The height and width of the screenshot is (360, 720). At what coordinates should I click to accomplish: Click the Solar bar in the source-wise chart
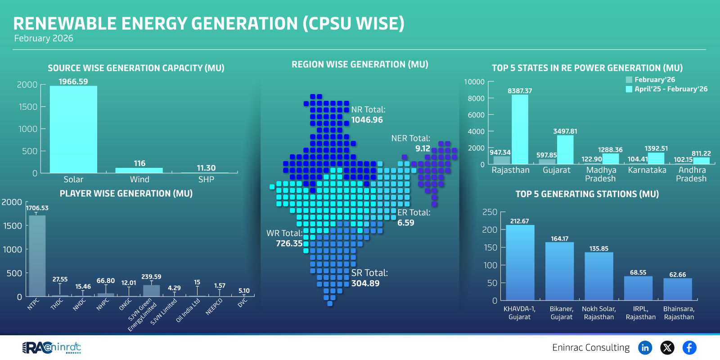[x=73, y=130]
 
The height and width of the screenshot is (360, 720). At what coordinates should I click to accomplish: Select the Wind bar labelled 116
[x=139, y=170]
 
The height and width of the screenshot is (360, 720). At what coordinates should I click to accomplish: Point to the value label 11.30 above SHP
[x=206, y=168]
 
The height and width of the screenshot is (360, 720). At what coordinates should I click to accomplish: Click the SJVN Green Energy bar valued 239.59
[x=151, y=291]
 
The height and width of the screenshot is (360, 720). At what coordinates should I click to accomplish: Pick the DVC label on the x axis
[x=243, y=303]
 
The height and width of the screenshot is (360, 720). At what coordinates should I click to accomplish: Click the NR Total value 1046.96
[x=367, y=120]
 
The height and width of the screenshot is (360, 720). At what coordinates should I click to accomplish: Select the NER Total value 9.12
[x=423, y=148]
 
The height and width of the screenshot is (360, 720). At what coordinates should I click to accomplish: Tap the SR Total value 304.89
[x=365, y=283]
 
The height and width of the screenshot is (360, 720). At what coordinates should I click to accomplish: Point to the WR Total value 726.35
[x=289, y=243]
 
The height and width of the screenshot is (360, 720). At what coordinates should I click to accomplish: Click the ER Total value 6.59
[x=405, y=223]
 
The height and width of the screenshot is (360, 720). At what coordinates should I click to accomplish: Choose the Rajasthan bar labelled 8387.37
[x=520, y=130]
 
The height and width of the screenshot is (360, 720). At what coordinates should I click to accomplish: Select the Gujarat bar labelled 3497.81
[x=565, y=149]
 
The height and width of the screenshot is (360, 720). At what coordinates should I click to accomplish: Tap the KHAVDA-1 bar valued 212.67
[x=520, y=263]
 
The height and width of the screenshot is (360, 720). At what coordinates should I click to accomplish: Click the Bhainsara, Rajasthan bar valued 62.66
[x=677, y=289]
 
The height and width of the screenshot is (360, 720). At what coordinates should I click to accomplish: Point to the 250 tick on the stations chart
[x=490, y=212]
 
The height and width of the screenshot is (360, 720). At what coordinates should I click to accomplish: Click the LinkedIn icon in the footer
[x=645, y=347]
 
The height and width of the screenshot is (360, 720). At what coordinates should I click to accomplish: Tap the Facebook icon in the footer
[x=689, y=347]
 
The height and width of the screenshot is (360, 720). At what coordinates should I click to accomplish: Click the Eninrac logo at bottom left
[x=51, y=347]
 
